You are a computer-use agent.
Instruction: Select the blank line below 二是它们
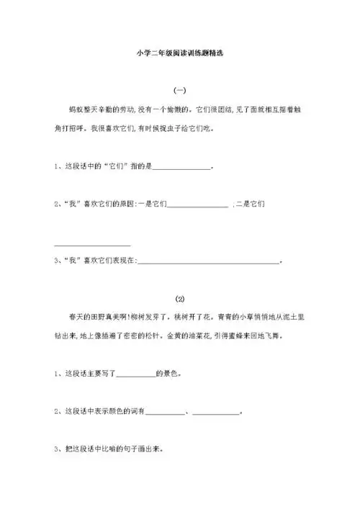tap(92, 246)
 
